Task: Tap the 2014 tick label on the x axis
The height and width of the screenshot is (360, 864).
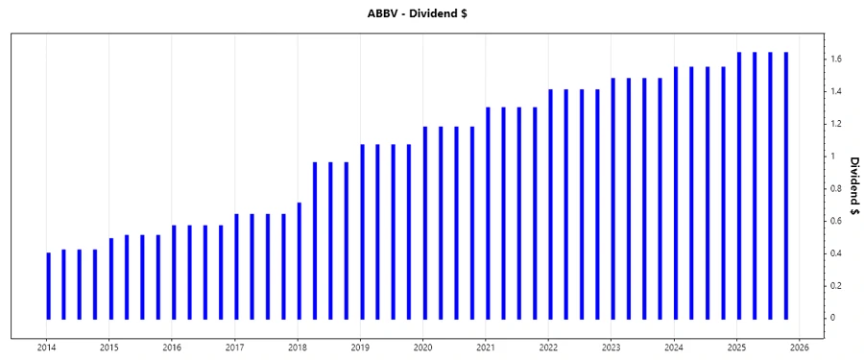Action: (46, 348)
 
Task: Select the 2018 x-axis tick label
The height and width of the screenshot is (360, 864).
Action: (298, 348)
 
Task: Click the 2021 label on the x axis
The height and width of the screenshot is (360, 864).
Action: (486, 348)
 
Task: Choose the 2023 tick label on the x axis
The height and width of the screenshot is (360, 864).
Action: (612, 348)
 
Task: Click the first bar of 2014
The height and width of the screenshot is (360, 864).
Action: (48, 285)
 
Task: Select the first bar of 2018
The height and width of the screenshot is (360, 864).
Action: (300, 260)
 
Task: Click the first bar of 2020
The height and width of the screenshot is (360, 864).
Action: (425, 223)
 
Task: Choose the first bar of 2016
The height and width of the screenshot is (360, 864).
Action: (174, 272)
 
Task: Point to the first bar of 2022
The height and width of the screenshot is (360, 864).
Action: (551, 204)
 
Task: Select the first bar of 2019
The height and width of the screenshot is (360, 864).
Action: (362, 231)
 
